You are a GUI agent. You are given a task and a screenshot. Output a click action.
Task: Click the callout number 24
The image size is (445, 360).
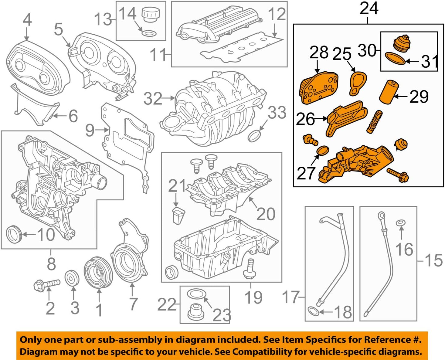[x=369, y=8]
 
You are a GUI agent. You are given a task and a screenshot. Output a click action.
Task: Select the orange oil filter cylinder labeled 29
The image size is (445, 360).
[x=388, y=92]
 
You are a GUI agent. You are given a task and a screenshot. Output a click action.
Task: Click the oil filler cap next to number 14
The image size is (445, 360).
[x=149, y=15]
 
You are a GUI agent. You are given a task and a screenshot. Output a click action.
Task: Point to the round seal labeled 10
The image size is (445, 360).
[x=14, y=234]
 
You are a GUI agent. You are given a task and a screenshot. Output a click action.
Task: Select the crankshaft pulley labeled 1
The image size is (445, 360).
[x=98, y=272]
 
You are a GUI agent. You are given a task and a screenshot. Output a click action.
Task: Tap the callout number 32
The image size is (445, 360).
[x=152, y=99]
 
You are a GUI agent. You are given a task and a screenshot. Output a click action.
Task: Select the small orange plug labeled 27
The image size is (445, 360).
[x=322, y=151]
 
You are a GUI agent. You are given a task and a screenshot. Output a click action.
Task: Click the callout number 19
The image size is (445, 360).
[x=253, y=297]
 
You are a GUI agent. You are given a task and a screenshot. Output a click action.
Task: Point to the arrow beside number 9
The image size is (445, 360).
[x=103, y=130]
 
